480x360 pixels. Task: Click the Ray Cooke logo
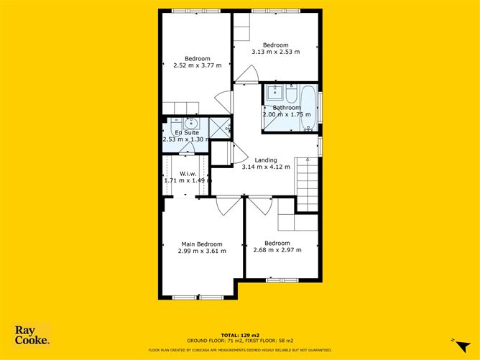pyautogui.click(x=32, y=335)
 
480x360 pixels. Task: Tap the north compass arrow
pyautogui.click(x=463, y=346)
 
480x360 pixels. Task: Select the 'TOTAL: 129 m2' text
pyautogui.click(x=240, y=335)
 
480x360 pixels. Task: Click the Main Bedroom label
pyautogui.click(x=202, y=244)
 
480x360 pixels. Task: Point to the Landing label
pyautogui.click(x=266, y=160)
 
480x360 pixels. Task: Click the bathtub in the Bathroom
pyautogui.click(x=308, y=108)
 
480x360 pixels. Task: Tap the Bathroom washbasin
pyautogui.click(x=275, y=93)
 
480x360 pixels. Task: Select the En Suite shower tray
pyautogui.click(x=219, y=128)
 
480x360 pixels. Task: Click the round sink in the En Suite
pyautogui.click(x=192, y=124)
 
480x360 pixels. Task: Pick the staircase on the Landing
pyautogui.click(x=306, y=184)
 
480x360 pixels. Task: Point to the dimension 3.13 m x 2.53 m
pyautogui.click(x=275, y=52)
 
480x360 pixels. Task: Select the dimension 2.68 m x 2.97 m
pyautogui.click(x=277, y=250)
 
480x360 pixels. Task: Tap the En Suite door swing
pyautogui.click(x=186, y=148)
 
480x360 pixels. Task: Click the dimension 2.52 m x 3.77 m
pyautogui.click(x=198, y=65)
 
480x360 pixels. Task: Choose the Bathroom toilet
pyautogui.click(x=291, y=94)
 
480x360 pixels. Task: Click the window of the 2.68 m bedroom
pyautogui.click(x=282, y=280)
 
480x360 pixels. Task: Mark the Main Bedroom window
pyautogui.click(x=198, y=297)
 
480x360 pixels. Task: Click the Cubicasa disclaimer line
pyautogui.click(x=240, y=350)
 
